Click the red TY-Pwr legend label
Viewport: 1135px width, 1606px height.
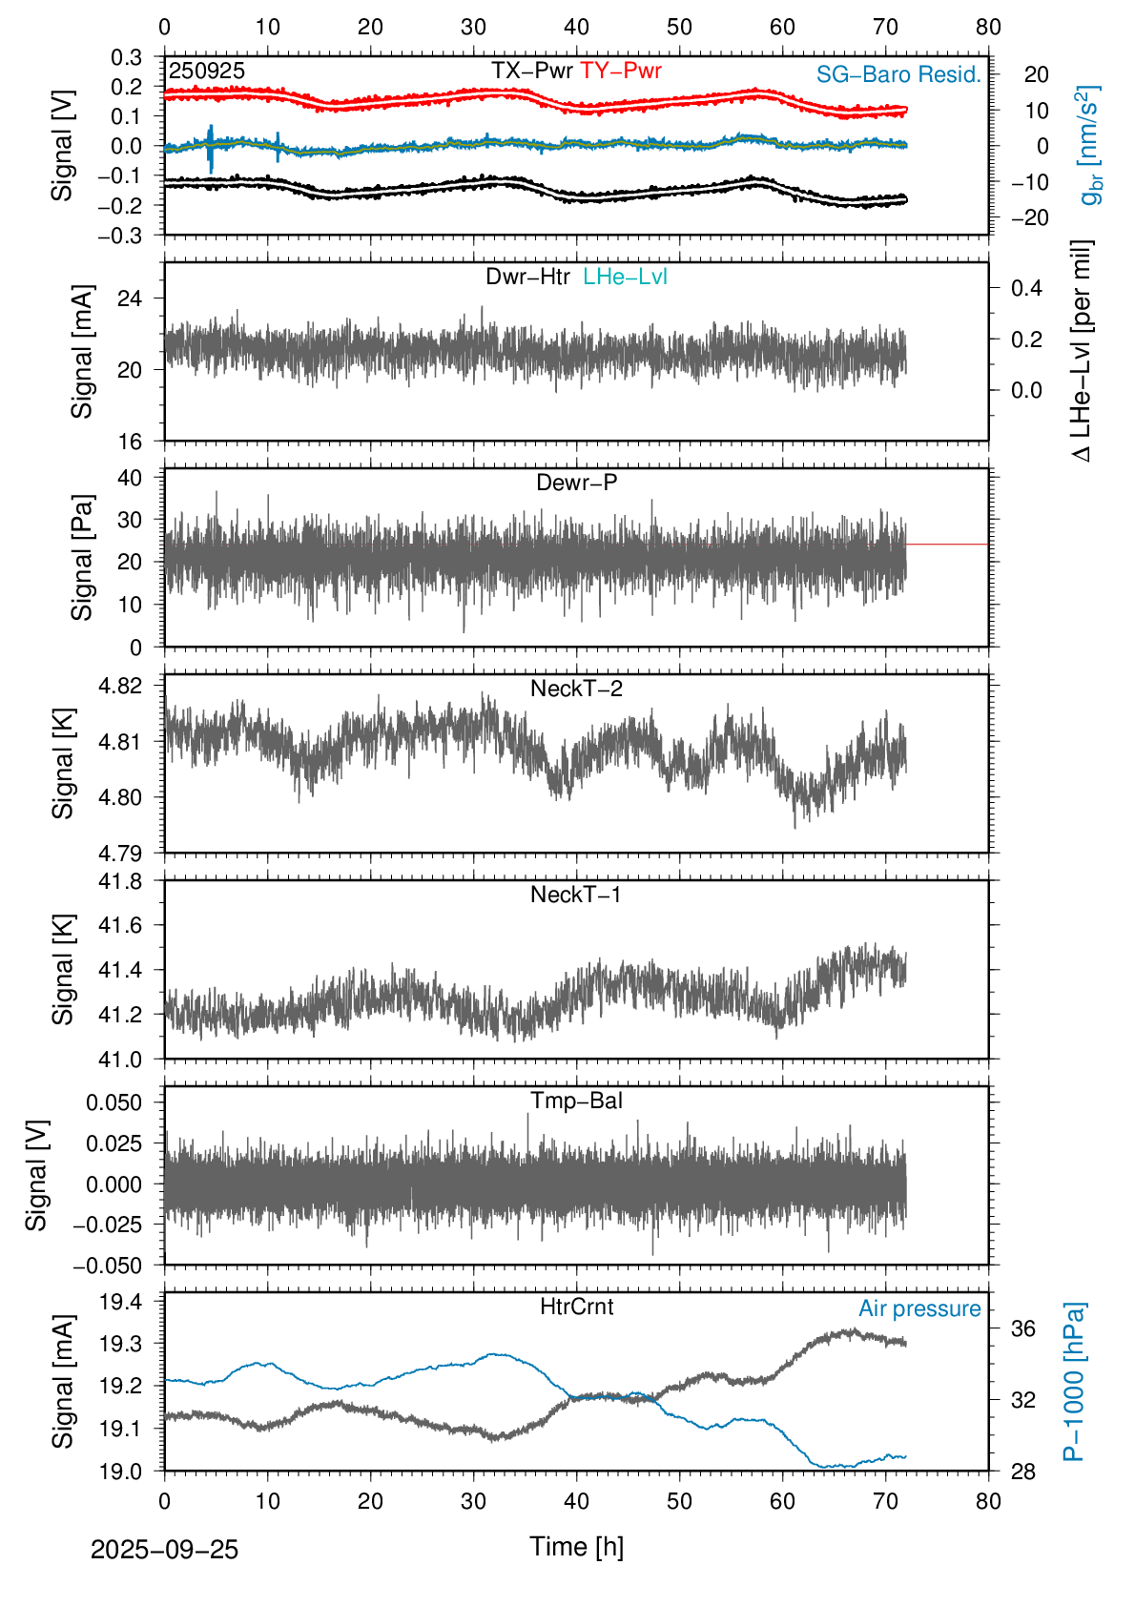[621, 72]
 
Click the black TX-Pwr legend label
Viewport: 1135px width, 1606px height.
[532, 72]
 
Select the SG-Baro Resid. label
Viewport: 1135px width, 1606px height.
[898, 75]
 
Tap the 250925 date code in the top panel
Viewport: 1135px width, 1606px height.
[207, 72]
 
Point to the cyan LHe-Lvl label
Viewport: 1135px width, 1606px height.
[626, 278]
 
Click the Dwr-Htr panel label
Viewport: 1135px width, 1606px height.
[528, 278]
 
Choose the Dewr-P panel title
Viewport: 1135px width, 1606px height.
[577, 484]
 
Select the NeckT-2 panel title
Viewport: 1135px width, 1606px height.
[577, 690]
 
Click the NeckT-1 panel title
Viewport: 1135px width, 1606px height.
[576, 896]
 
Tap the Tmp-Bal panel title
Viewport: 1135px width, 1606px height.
[577, 1102]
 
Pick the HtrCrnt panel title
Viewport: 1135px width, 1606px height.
[577, 1307]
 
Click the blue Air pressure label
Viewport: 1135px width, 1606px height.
[919, 1309]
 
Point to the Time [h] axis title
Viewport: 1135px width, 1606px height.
[577, 1547]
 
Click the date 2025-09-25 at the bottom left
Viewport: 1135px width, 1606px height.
[164, 1551]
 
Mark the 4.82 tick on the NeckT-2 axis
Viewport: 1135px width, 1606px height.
[120, 686]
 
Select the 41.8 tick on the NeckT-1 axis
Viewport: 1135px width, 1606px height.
[120, 881]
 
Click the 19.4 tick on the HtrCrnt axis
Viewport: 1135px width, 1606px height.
[120, 1302]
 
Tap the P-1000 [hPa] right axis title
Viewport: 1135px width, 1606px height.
[1075, 1381]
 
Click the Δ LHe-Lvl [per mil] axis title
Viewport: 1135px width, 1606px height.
[1082, 351]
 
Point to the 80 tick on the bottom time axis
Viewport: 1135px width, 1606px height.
[989, 1502]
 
